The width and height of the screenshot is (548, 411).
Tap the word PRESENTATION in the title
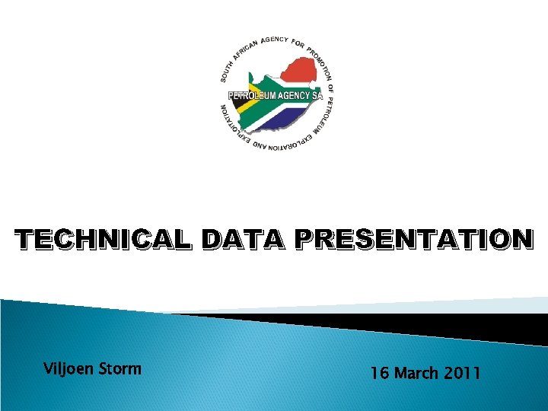coord(414,239)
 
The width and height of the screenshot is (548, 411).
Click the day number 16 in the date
coord(380,373)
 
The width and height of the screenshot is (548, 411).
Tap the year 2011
coord(463,373)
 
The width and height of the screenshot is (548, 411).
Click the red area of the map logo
coord(301,72)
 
